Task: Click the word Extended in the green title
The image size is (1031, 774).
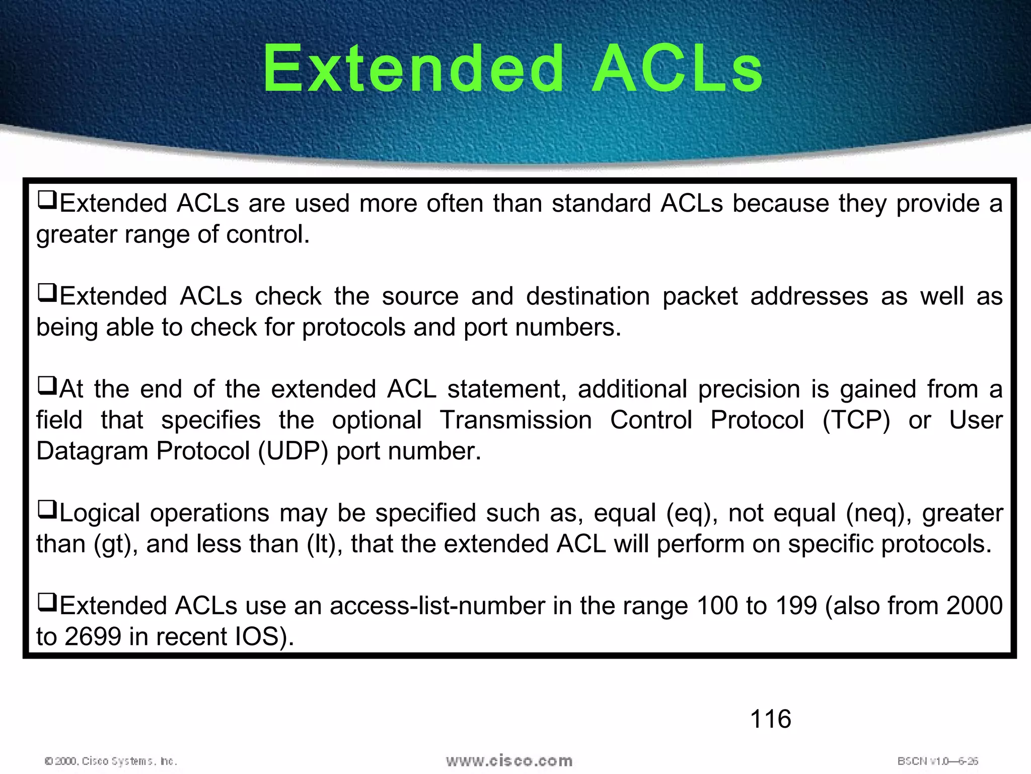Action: coord(413,69)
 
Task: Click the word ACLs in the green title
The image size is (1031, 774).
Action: coord(677,69)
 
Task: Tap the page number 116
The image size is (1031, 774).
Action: coord(770,719)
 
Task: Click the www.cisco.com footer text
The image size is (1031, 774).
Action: coord(509,760)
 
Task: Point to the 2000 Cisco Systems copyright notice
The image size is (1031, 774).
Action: coord(111,761)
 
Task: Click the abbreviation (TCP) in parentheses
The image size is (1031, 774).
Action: coord(856,420)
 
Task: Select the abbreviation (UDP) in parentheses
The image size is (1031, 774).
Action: coord(293,451)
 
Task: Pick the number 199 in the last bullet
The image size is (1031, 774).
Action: coord(796,606)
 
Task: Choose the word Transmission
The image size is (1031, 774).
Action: coord(515,420)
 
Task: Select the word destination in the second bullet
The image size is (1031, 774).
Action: coord(588,296)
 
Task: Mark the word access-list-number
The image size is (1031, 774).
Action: coord(437,606)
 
